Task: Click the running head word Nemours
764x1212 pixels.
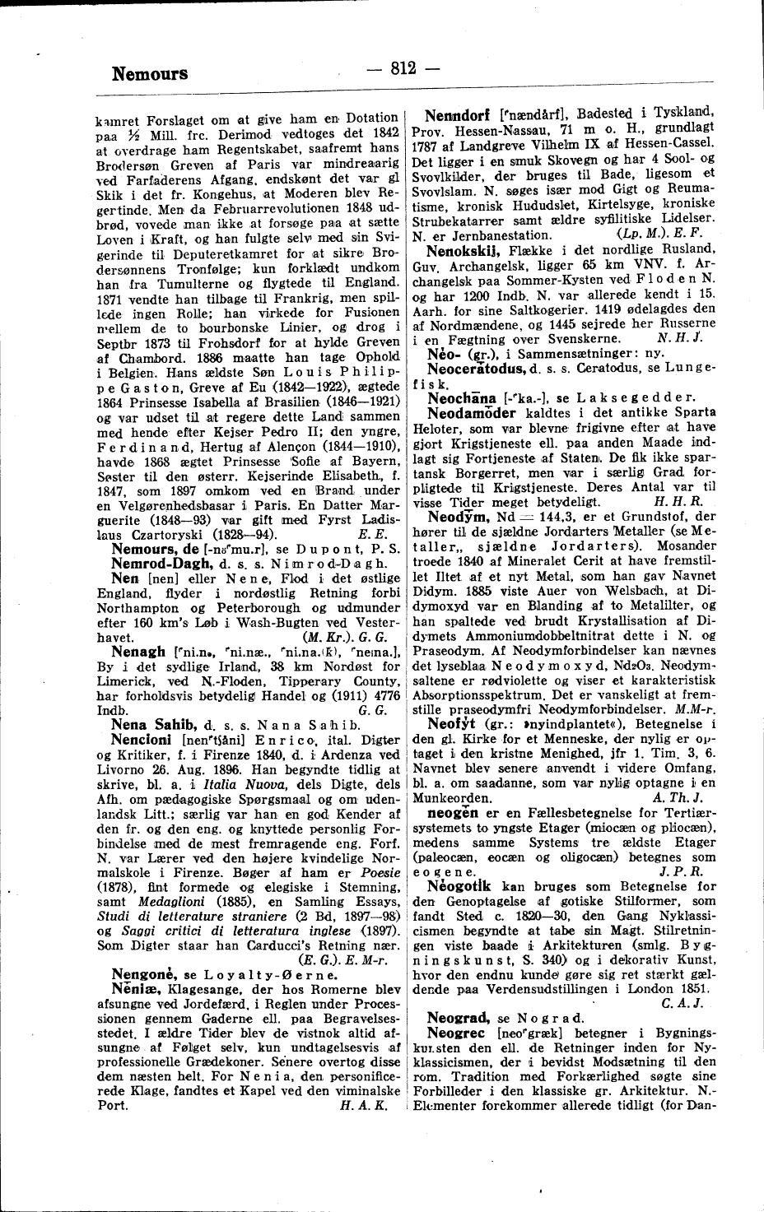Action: (x=149, y=74)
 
